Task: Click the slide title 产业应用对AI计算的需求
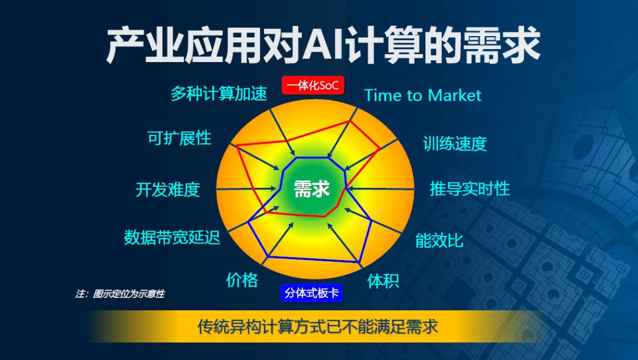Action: point(323,45)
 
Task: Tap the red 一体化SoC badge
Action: point(313,86)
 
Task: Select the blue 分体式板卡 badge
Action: point(312,293)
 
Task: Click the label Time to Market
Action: point(423,95)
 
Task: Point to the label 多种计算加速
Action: point(219,93)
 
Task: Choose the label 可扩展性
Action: point(180,138)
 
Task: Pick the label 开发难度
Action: point(168,189)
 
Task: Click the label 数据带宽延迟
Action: point(172,237)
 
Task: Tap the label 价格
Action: point(242,280)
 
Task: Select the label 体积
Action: point(383,281)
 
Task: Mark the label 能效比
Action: point(440,240)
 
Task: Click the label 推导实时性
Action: point(470,189)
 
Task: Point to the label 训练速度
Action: point(455,143)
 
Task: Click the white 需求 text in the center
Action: point(312,189)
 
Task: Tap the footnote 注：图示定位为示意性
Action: point(120,294)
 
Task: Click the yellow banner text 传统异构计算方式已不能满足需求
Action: point(318,327)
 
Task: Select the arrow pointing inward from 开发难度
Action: point(246,189)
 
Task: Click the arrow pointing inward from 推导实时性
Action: point(381,189)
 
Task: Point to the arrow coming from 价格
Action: point(278,243)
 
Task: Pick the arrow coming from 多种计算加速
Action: point(283,132)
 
